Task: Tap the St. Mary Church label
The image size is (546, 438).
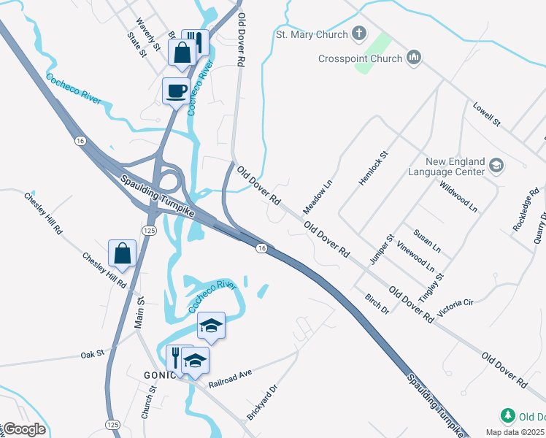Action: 311,34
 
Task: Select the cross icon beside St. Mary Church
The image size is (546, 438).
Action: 358,34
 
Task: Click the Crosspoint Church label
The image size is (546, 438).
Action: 360,58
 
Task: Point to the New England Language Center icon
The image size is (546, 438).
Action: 496,166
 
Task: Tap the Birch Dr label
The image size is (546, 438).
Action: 377,303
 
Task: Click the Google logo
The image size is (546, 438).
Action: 23,429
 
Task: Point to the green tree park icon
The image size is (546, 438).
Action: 507,416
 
